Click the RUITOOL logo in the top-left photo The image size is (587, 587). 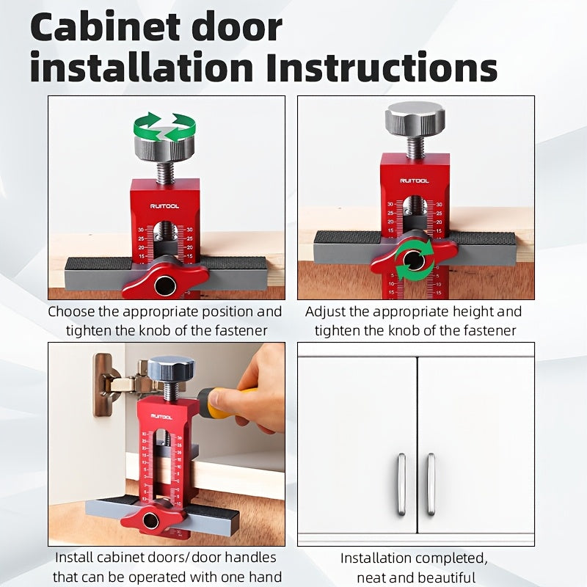165,206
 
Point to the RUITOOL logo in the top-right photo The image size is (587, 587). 415,180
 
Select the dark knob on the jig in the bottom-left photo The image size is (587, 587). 171,368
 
